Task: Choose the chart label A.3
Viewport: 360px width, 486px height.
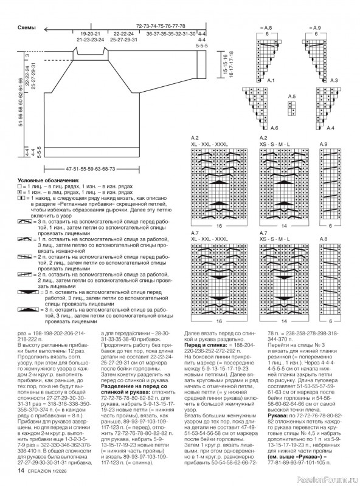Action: [333, 81]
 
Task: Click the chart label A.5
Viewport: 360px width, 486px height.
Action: [291, 97]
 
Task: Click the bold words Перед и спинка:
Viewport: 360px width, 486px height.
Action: [204, 344]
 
